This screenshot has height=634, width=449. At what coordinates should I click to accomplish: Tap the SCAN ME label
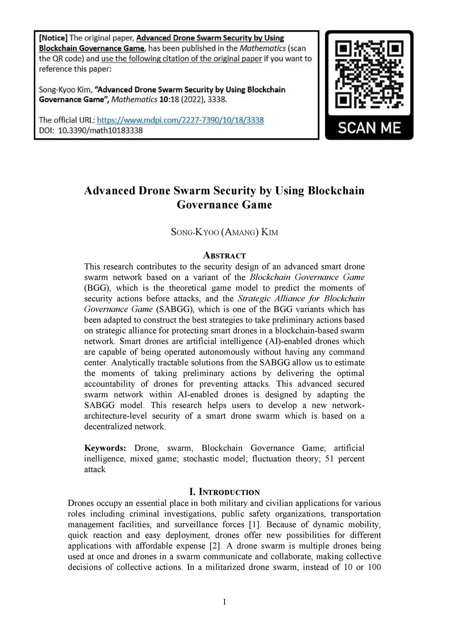(x=369, y=128)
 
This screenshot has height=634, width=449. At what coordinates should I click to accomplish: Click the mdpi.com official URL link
(x=180, y=120)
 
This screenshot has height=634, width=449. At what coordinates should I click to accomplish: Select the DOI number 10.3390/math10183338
(x=100, y=130)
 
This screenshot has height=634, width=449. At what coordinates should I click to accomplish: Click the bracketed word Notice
(x=53, y=38)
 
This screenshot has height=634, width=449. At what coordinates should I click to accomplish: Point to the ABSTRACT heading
(x=224, y=256)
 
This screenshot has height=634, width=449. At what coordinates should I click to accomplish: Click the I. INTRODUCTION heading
(x=224, y=492)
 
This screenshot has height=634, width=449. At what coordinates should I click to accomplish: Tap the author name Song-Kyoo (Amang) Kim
(x=224, y=232)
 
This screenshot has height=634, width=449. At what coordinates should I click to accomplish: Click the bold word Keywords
(x=105, y=448)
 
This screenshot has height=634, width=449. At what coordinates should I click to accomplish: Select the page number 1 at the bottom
(x=224, y=602)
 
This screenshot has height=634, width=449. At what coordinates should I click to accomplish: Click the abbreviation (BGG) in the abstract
(x=98, y=288)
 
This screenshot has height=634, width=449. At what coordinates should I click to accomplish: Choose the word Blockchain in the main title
(x=336, y=191)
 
